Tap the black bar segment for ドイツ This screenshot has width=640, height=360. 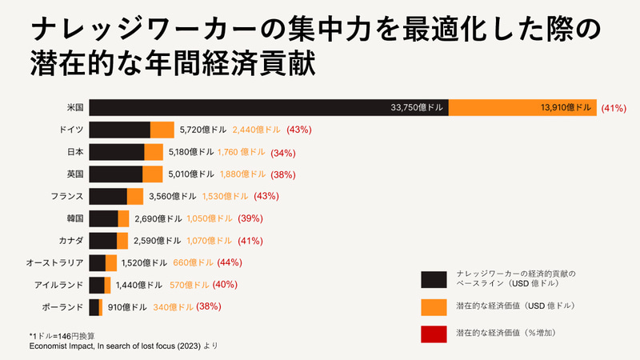[119, 130]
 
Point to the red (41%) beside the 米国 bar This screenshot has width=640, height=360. [613, 108]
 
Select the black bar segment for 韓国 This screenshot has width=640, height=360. [103, 218]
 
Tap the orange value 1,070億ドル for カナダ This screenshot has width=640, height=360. [213, 241]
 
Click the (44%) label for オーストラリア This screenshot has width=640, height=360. [230, 262]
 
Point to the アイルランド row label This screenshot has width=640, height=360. [61, 285]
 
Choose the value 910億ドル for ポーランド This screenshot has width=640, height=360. [127, 306]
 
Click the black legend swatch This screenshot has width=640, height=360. [433, 278]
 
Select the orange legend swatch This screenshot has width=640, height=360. [433, 306]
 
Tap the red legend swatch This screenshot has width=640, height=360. [433, 332]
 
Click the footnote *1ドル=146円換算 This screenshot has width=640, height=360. [63, 335]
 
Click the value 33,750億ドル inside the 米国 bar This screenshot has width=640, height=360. [416, 107]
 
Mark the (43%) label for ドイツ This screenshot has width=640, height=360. [298, 130]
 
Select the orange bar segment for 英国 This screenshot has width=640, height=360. [152, 174]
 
